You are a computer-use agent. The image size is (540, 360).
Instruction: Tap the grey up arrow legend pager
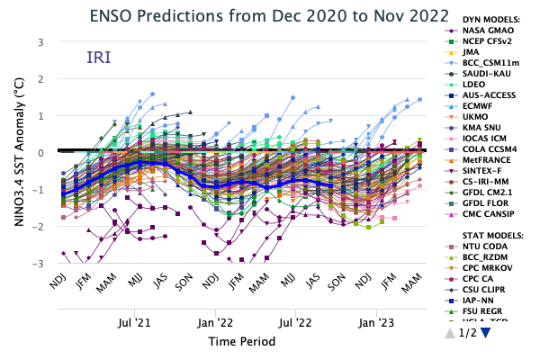(x=450, y=332)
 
